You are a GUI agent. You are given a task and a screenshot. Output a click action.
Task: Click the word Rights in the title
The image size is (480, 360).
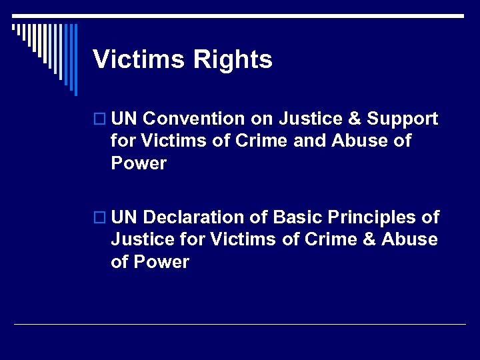233,60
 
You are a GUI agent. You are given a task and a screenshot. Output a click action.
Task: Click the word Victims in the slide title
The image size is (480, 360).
138,60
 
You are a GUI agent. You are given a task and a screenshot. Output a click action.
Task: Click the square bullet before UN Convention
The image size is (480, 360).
101,120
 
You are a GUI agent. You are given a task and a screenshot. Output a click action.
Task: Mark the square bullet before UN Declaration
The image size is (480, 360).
101,218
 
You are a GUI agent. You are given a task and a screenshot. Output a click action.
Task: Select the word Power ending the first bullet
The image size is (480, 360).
139,164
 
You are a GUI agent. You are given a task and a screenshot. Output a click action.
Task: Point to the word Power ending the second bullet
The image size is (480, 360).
161,262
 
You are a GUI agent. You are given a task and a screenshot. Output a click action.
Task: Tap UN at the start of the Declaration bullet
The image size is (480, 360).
125,217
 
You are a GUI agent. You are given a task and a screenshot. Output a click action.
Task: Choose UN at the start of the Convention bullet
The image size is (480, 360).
125,119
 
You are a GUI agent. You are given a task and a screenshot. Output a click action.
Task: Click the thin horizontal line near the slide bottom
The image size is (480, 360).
240,325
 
